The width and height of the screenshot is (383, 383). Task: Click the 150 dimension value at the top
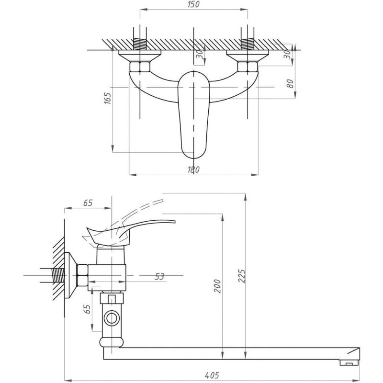pyautogui.click(x=192, y=4)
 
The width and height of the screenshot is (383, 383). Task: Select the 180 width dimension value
pyautogui.click(x=193, y=169)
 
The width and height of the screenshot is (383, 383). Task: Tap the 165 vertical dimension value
pyautogui.click(x=107, y=99)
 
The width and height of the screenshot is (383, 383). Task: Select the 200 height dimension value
pyautogui.click(x=218, y=286)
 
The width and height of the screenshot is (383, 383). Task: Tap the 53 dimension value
pyautogui.click(x=159, y=277)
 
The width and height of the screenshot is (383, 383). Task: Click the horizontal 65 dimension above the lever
pyautogui.click(x=88, y=203)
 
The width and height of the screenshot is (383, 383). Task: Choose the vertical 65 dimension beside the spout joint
pyautogui.click(x=87, y=309)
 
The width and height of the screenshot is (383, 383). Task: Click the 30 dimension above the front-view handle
pyautogui.click(x=198, y=55)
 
